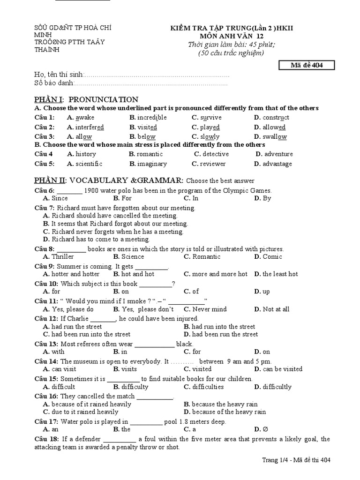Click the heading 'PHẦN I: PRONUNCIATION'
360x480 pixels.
87,99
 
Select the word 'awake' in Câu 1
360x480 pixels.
85,118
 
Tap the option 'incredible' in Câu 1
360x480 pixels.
152,118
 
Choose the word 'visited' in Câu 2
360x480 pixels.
147,127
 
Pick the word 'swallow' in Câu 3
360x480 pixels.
275,137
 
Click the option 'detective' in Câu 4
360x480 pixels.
216,154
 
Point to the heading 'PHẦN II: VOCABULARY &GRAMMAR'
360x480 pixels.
109,180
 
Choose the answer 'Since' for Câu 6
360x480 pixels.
60,198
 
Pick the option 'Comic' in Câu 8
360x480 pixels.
272,256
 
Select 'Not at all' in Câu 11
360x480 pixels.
276,309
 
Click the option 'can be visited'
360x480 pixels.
282,369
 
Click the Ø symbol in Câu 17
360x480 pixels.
265,429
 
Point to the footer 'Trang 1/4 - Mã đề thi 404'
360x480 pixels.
296,460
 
